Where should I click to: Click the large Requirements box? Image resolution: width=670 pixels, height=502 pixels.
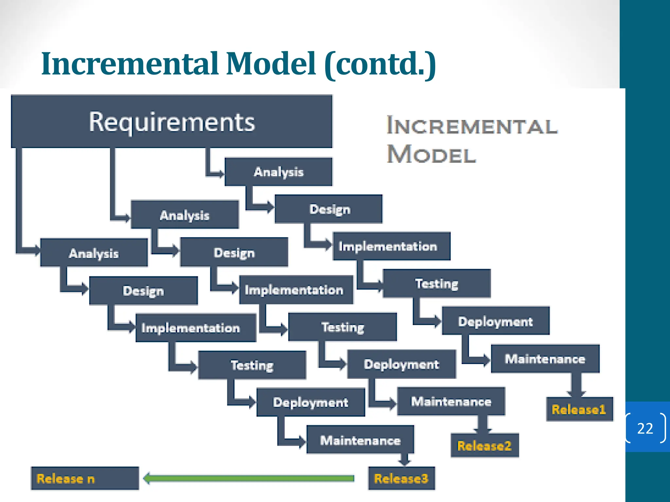point(171,122)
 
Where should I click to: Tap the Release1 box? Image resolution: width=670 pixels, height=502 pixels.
point(579,409)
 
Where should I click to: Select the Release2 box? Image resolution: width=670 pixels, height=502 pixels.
point(485,445)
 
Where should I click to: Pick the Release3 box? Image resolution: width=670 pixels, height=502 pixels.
point(401,478)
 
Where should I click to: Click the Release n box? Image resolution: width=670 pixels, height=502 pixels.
point(85,478)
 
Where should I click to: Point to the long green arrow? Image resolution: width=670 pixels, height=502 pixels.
point(249,478)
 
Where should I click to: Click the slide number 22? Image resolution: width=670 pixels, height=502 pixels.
point(645,428)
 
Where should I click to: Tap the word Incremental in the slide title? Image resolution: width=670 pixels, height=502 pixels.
point(129,64)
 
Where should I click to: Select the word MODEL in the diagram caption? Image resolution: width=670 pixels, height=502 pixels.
point(431,154)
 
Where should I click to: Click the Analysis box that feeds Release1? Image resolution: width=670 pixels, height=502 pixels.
point(278,172)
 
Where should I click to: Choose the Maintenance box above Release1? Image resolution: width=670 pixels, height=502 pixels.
point(545,359)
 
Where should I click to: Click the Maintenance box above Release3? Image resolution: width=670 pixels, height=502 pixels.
point(360,440)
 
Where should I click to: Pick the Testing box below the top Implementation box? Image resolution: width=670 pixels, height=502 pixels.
point(436,283)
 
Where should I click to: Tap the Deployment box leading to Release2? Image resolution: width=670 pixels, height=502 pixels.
point(401,364)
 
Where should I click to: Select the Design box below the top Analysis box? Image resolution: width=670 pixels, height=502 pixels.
point(329,209)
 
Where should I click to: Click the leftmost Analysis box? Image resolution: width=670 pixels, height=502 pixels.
point(94,253)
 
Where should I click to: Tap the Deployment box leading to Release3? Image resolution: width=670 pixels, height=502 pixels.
point(310,402)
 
